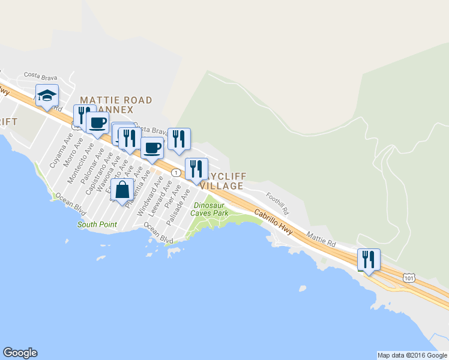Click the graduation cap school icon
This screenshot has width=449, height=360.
[x=47, y=96]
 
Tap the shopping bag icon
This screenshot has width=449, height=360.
[x=122, y=190]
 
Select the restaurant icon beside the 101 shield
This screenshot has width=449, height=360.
[x=368, y=259]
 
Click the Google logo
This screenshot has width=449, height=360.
[x=20, y=353]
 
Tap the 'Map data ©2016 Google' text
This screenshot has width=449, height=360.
[x=412, y=355]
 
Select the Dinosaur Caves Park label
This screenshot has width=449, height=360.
[x=209, y=209]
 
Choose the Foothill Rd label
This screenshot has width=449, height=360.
[x=278, y=203]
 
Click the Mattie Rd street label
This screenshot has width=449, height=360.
[x=321, y=239]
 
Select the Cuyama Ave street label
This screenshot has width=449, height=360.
[x=57, y=154]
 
